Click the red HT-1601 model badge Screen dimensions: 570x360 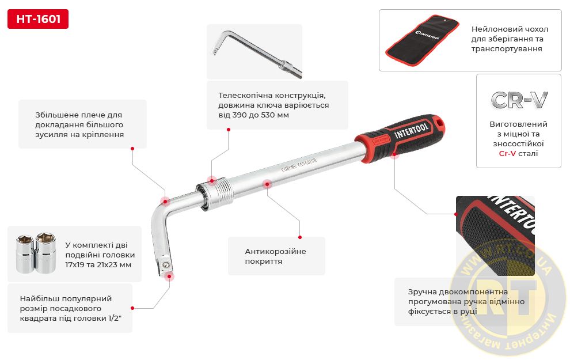coord(38,19)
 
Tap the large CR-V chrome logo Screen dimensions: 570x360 coord(519,100)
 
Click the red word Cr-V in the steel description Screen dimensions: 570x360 coord(507,153)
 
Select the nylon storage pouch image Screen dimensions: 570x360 coord(421,40)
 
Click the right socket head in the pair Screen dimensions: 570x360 coord(46,253)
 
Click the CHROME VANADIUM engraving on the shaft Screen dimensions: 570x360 coord(299,165)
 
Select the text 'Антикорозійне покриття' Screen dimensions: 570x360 coord(275,256)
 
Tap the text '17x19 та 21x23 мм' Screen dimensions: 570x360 coord(98,265)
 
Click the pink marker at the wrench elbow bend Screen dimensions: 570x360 coord(165,201)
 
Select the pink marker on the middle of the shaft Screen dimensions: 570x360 coord(267,184)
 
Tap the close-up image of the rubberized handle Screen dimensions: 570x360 coord(495,236)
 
